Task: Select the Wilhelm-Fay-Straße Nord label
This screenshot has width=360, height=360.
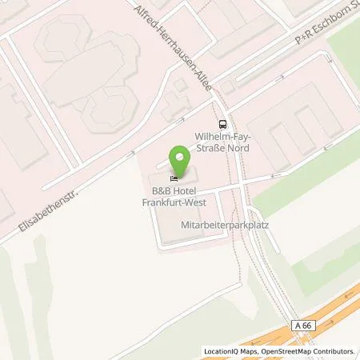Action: tap(226, 142)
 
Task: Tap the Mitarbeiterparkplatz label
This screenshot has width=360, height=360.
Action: tap(224, 226)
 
